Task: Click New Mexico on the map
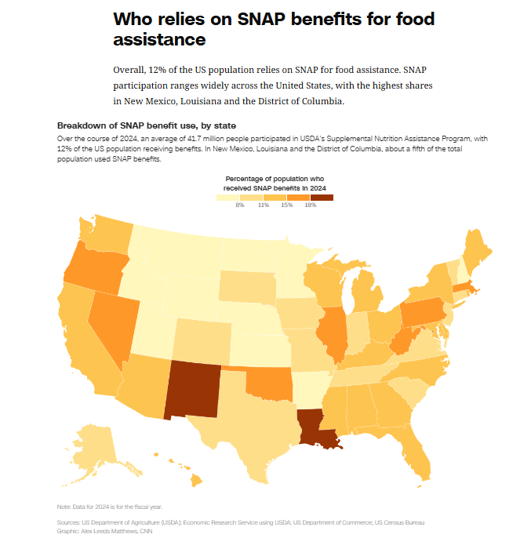(x=195, y=390)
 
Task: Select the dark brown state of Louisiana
(x=315, y=430)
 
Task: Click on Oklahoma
(x=268, y=383)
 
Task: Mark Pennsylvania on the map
(x=424, y=313)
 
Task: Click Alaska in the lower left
(x=96, y=448)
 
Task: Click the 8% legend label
(x=239, y=205)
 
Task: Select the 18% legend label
(x=310, y=205)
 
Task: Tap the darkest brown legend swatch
(x=322, y=197)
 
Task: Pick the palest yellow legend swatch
(x=228, y=197)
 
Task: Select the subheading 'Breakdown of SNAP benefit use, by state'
(x=147, y=125)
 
